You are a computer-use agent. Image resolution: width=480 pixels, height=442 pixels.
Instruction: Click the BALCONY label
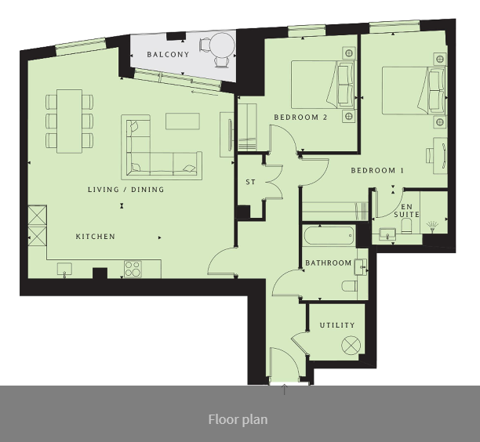(168, 54)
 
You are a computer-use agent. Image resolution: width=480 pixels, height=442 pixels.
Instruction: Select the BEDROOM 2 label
(300, 117)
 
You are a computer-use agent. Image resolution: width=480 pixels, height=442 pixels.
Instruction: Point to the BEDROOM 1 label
(377, 170)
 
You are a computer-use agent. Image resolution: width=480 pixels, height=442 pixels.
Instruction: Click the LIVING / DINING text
(126, 190)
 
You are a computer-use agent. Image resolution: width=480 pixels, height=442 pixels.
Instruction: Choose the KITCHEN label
(96, 237)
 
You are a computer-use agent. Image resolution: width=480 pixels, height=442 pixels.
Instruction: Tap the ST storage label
(250, 182)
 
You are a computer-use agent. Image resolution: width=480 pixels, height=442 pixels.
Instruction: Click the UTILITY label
(337, 325)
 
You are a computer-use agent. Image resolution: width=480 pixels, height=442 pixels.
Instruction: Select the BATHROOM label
(329, 263)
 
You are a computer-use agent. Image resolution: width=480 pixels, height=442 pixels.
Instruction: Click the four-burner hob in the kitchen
(133, 269)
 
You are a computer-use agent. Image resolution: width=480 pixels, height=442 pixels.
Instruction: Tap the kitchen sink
(64, 270)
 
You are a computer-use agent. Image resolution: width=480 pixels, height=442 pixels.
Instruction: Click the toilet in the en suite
(407, 226)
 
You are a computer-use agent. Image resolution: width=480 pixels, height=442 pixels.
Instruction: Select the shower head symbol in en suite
(432, 227)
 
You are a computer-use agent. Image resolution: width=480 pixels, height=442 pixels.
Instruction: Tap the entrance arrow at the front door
(285, 389)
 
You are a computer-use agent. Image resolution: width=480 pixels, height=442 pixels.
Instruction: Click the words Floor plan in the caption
(238, 420)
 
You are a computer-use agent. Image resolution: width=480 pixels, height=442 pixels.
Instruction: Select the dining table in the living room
(70, 121)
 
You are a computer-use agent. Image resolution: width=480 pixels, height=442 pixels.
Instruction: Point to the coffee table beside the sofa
(183, 121)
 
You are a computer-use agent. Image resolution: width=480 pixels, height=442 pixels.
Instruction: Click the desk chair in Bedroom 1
(430, 156)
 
